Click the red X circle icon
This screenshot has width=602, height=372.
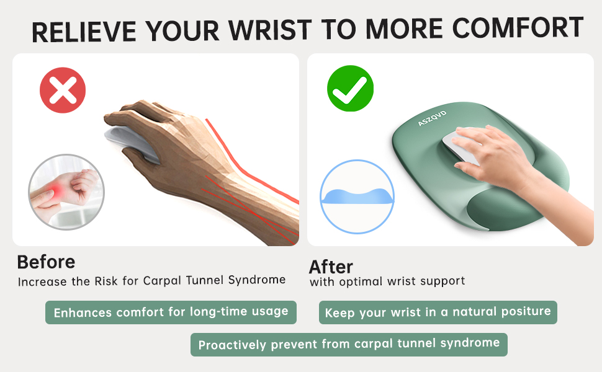click(x=63, y=92)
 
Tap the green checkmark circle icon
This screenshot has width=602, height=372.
click(x=350, y=92)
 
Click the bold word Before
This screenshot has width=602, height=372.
click(x=46, y=262)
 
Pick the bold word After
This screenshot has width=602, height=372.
click(x=331, y=267)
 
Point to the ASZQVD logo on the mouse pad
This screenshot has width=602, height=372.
click(x=432, y=113)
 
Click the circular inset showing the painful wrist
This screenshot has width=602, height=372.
click(x=66, y=192)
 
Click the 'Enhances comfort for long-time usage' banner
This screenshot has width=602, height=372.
click(x=171, y=312)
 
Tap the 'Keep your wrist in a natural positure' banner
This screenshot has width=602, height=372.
click(x=438, y=312)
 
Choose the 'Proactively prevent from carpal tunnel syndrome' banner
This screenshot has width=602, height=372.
click(x=349, y=344)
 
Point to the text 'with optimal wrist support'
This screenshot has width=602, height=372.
click(x=387, y=281)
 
